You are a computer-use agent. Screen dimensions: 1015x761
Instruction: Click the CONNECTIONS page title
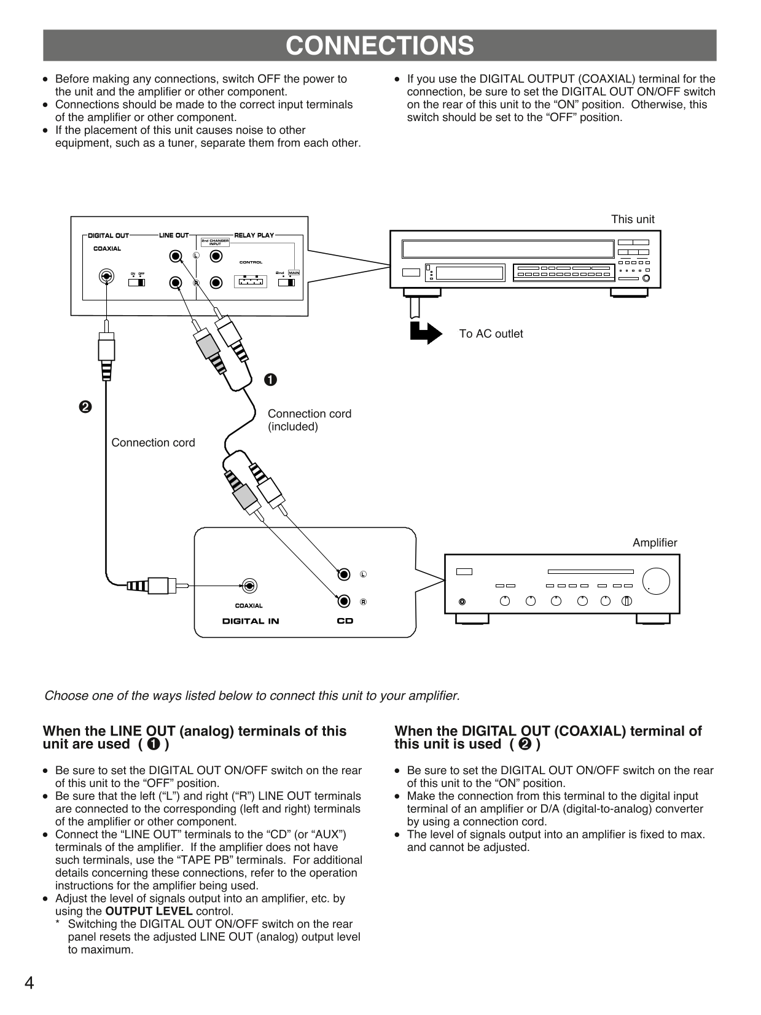tap(380, 46)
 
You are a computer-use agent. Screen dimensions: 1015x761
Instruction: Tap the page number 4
tap(29, 982)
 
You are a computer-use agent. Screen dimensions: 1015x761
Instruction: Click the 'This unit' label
tap(632, 219)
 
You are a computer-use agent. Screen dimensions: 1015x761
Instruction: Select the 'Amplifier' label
tap(654, 543)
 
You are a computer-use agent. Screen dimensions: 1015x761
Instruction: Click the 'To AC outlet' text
tap(491, 334)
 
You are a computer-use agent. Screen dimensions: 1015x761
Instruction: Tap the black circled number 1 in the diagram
tap(270, 380)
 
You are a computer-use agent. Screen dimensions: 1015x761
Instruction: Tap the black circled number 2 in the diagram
tap(85, 407)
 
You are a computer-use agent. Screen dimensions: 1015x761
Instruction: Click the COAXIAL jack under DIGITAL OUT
tap(107, 276)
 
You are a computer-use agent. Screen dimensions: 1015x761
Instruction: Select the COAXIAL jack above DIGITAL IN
tap(249, 586)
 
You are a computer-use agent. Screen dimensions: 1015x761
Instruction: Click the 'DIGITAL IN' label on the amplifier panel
tap(251, 621)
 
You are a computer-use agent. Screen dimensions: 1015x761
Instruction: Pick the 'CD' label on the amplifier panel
tap(345, 621)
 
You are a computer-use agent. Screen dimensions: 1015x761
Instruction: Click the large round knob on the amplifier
tap(656, 581)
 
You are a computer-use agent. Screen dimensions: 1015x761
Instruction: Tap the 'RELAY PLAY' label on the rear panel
tap(254, 235)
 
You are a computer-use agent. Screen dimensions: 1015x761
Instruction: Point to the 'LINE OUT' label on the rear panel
tap(174, 235)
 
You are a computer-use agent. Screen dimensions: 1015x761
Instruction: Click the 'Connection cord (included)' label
tap(309, 420)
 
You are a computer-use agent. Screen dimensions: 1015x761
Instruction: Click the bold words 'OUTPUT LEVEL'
tap(149, 911)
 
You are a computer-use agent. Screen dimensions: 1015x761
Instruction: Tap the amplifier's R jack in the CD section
tap(345, 601)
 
